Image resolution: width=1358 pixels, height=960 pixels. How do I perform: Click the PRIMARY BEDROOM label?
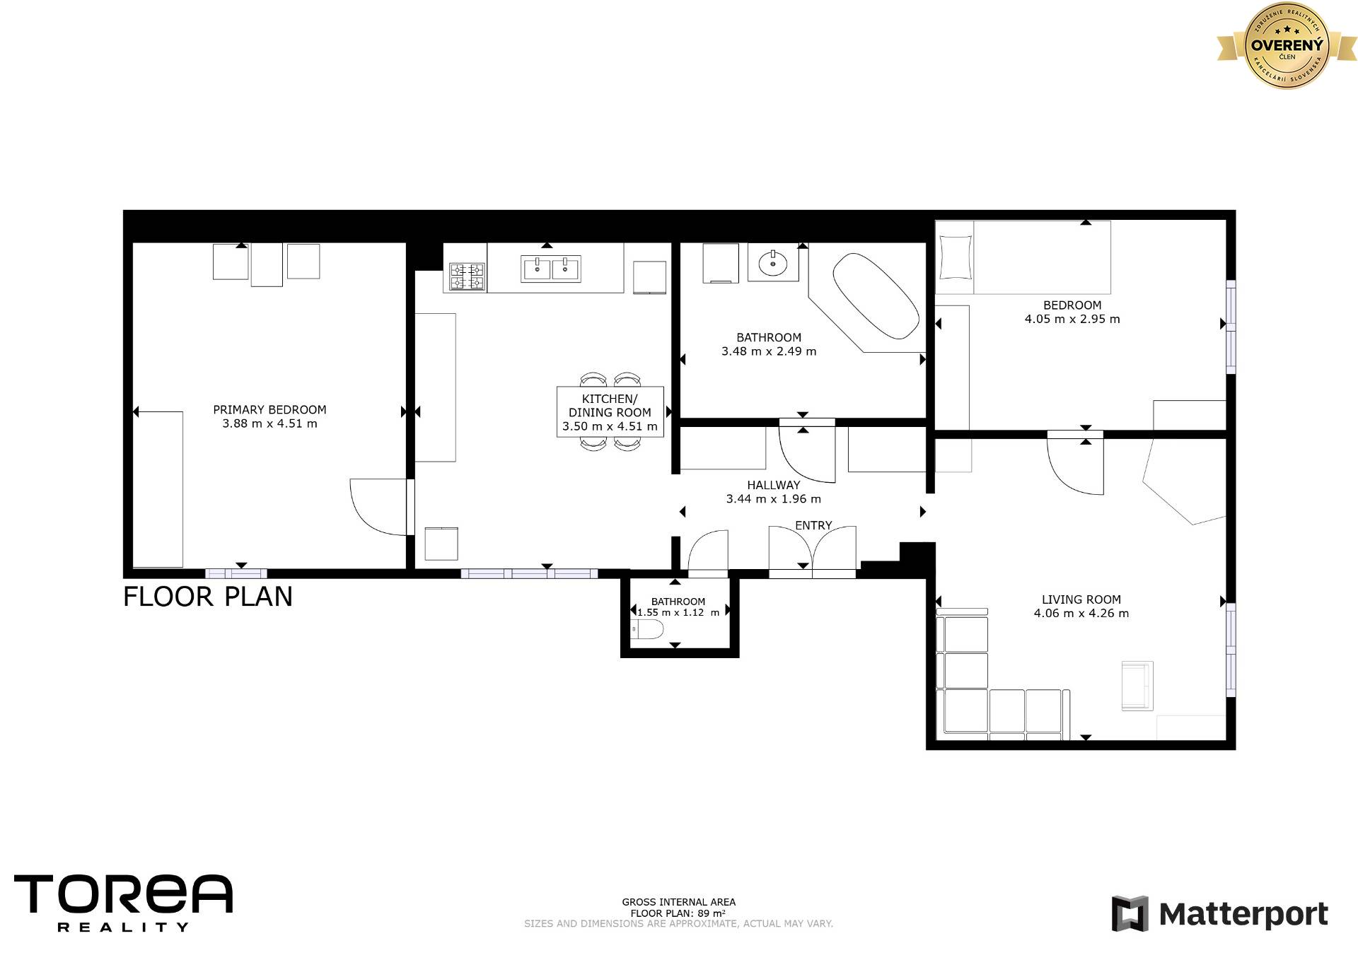[269, 410]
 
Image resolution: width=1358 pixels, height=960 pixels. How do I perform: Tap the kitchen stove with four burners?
[467, 277]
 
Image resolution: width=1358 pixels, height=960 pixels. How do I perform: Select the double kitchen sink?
[551, 269]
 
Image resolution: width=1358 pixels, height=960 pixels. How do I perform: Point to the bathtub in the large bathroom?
[876, 297]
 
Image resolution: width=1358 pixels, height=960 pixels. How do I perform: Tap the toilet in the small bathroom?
[646, 629]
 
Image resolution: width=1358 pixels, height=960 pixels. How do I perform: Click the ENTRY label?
[813, 525]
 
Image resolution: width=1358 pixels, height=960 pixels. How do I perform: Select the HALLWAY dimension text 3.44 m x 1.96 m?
[774, 499]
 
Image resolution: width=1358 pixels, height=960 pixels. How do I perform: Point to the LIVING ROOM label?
[1081, 599]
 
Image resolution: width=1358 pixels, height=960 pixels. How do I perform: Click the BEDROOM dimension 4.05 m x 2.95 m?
[1072, 319]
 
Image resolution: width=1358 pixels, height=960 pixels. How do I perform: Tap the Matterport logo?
[1219, 914]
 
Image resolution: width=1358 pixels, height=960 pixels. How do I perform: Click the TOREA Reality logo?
[123, 903]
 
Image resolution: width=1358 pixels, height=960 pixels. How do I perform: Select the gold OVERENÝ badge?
[1287, 45]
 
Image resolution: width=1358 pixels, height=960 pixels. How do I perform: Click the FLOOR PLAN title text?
[208, 597]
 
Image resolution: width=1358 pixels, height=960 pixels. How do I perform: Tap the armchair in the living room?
[1137, 686]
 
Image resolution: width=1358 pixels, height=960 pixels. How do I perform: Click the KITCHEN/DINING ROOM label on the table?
[610, 406]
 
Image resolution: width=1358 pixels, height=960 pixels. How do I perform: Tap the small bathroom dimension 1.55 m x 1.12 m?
[678, 613]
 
